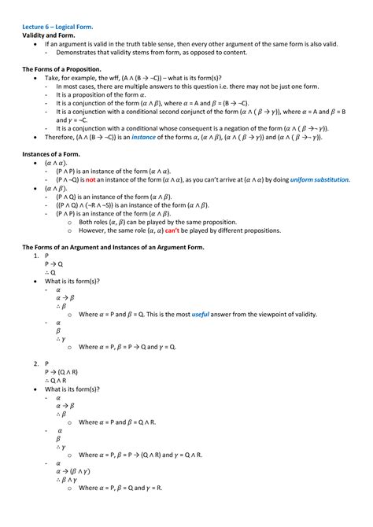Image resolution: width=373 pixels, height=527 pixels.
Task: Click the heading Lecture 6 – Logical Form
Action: coord(57,27)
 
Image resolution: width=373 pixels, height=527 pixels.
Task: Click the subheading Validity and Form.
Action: coord(49,35)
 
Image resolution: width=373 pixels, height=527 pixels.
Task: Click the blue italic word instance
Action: coord(143,136)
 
